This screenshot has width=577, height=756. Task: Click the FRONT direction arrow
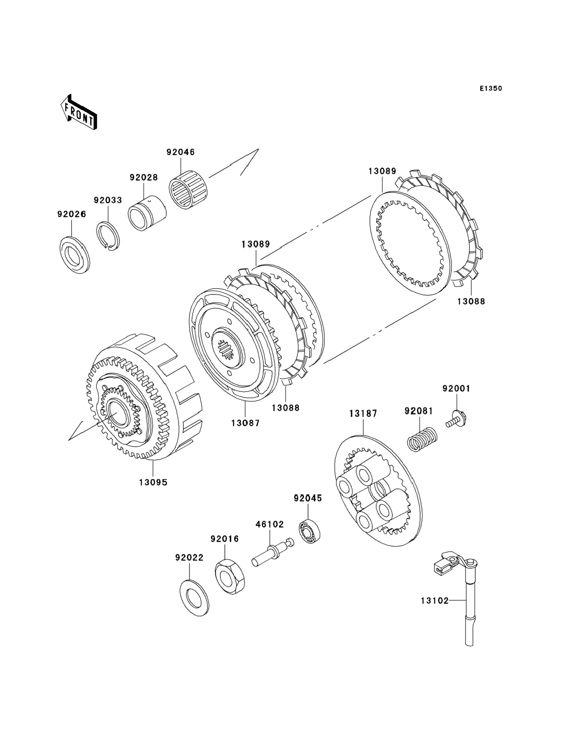(79, 112)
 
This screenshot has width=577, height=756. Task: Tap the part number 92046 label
(181, 152)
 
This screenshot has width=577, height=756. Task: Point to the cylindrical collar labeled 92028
(147, 213)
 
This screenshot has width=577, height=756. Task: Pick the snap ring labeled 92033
(108, 237)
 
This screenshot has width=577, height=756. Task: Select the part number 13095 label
(153, 482)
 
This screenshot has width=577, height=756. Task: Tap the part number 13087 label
(245, 423)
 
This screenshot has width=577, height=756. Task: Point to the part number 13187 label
(363, 414)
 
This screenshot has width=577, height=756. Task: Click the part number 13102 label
(435, 601)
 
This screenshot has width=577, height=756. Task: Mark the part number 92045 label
(308, 498)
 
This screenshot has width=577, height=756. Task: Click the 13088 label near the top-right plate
(471, 302)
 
